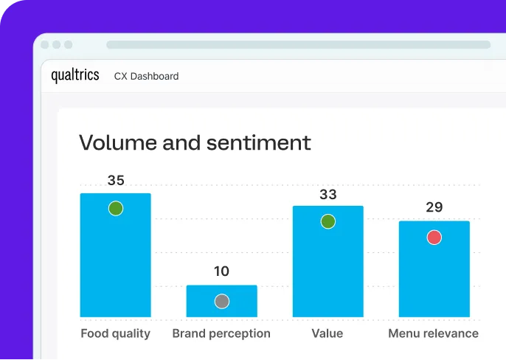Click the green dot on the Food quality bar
tap(115, 208)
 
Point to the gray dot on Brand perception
tap(221, 301)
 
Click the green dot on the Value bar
tap(327, 221)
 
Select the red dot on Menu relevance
tap(434, 237)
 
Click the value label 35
tap(116, 180)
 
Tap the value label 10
tap(221, 271)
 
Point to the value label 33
tap(327, 195)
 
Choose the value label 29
tap(434, 207)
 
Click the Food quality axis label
tap(115, 333)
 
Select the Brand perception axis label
tap(221, 333)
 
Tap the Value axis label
tap(327, 333)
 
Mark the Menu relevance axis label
tap(434, 333)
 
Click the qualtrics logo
tap(74, 75)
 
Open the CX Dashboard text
tap(146, 76)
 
